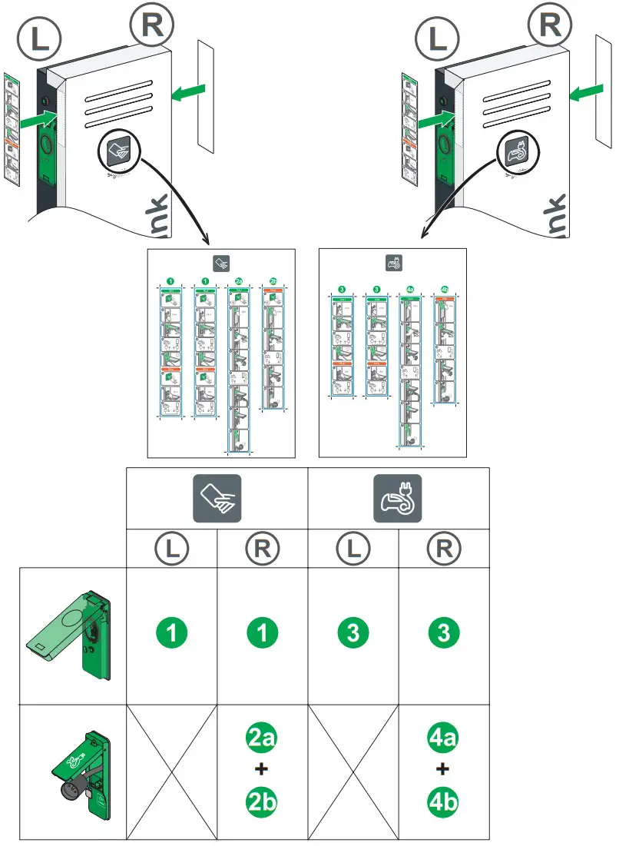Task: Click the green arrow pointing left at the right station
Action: coord(584,93)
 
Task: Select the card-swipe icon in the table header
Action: coord(217,499)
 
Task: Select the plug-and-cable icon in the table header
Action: coord(398,499)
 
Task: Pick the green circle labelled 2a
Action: coord(262,740)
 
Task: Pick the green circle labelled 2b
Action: coord(262,801)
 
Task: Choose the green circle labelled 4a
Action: coord(444,740)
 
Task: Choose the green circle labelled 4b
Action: coord(444,801)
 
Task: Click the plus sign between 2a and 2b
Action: coord(262,771)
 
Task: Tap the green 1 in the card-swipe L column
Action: coord(172,634)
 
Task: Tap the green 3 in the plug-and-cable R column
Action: coord(444,634)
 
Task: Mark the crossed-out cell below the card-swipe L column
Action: coord(172,771)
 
